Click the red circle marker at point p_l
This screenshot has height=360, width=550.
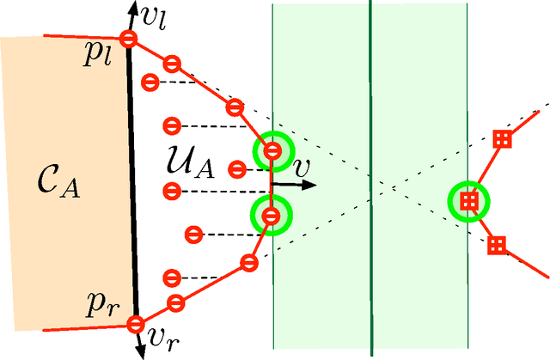pos(129,39)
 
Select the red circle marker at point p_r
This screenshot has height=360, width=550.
pos(135,324)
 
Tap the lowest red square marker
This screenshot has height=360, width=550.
pos(495,246)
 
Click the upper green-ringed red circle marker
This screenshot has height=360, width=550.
pos(272,151)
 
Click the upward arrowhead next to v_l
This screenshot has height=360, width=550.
pos(131,9)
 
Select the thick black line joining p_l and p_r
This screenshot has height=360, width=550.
pos(131,180)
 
